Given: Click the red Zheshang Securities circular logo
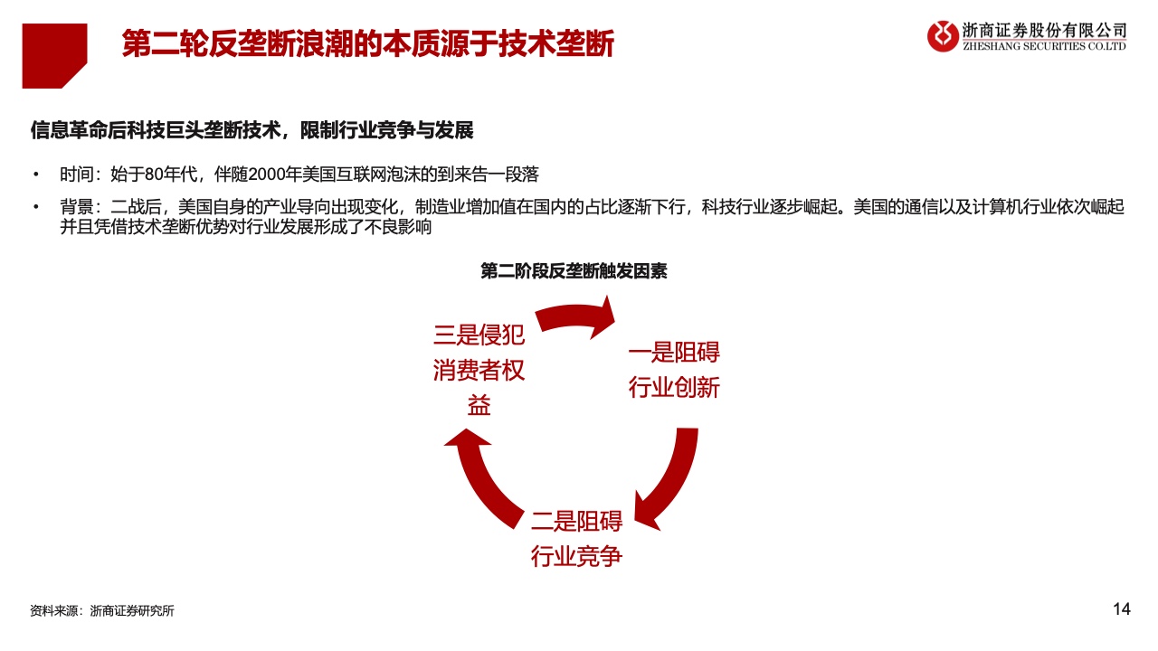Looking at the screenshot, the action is (943, 36).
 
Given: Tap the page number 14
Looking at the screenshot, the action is (1121, 609).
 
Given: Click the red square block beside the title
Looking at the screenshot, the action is (54, 56).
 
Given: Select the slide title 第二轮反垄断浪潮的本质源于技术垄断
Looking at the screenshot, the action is (367, 43).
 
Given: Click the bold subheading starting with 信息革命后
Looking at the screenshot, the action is (252, 130).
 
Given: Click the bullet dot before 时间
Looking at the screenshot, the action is (35, 175).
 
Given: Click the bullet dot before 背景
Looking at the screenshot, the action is (35, 207).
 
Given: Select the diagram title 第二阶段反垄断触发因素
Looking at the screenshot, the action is (574, 270).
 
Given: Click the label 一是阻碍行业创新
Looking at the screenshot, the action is (674, 370).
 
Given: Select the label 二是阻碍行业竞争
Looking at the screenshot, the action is (576, 539).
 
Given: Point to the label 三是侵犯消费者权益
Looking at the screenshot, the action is (479, 370).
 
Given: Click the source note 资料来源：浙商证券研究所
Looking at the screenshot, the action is (102, 610).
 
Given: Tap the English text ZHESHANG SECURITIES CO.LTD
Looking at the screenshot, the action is (1044, 46).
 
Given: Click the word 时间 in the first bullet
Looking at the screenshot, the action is (77, 175).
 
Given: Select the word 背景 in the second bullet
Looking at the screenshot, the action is (77, 207).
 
